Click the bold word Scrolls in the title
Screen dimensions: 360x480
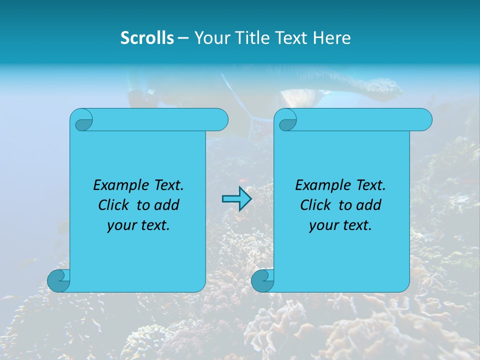point(147,38)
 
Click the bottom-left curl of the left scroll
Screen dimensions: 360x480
point(58,281)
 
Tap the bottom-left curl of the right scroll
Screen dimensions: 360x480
point(262,281)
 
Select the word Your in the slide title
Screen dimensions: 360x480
point(210,38)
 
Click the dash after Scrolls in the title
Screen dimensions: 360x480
point(183,38)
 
